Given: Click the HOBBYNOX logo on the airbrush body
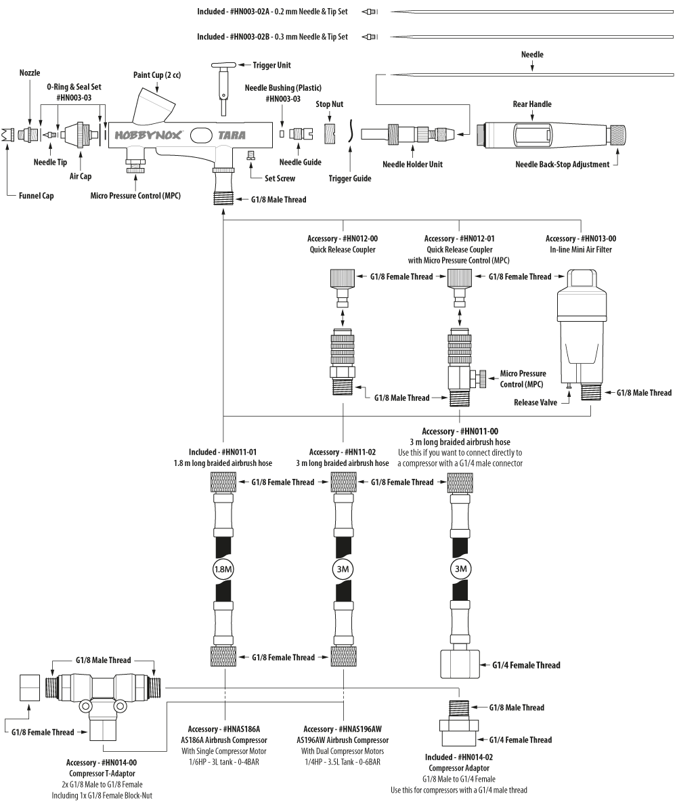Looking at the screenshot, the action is point(148,135).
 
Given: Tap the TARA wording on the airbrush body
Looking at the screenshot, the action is point(232,135).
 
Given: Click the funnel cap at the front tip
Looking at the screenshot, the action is point(7,135).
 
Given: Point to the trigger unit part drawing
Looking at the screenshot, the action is point(223,88).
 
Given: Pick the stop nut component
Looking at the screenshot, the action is point(330,133).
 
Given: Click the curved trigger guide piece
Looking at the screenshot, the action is point(350,131).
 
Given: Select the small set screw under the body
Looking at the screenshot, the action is point(252,154).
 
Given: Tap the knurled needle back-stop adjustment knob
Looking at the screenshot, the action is point(616,135).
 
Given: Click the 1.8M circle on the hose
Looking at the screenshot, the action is point(223,569).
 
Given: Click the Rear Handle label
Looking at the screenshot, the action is point(532,104).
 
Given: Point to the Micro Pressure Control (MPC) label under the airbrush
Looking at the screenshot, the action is point(135,196).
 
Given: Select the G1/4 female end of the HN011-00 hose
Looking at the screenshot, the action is point(460,664).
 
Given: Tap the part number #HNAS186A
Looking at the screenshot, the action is point(241,729).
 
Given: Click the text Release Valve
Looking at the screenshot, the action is point(536,402).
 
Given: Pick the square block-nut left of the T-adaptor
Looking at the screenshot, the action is point(30,687).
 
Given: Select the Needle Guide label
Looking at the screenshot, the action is point(301,163).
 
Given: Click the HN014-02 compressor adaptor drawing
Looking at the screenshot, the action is point(459,722).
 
